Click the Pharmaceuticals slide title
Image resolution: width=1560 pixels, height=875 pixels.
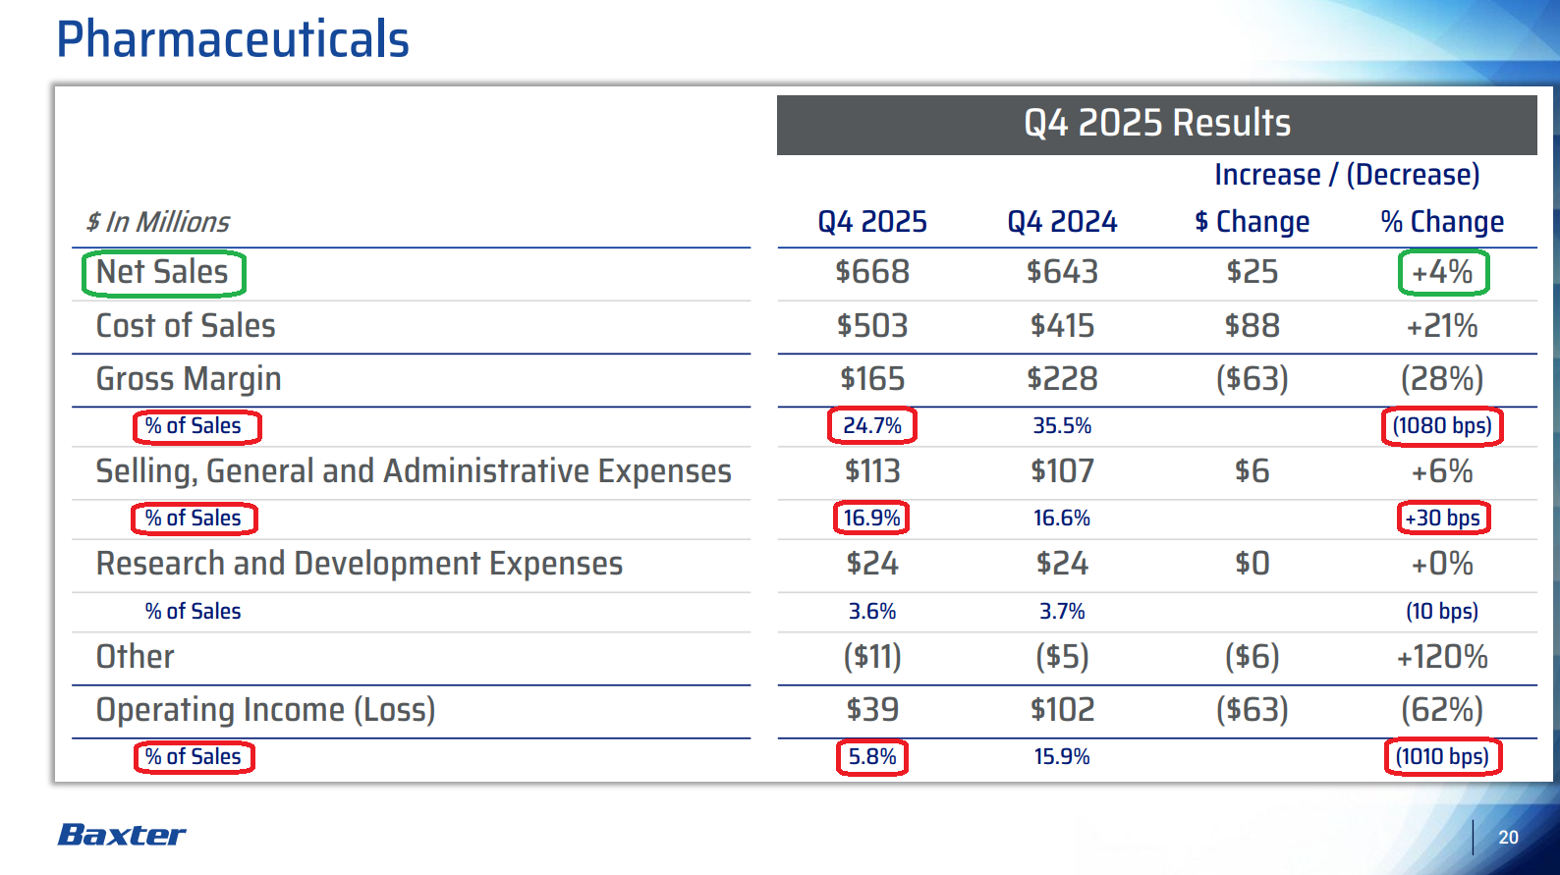point(233,40)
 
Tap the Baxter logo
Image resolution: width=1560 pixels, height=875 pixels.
point(122,835)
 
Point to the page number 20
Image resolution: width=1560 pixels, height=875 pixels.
point(1508,837)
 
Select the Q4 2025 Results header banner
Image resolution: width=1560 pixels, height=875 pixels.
point(1156,124)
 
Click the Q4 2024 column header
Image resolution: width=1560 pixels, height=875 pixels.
point(1062,222)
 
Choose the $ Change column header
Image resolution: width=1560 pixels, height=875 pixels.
point(1252,222)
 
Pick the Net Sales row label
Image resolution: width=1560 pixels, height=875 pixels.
point(163,272)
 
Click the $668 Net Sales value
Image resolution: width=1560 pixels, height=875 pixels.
point(872,272)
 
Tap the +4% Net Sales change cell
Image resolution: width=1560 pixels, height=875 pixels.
point(1442,272)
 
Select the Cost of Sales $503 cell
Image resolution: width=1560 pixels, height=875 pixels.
point(872,326)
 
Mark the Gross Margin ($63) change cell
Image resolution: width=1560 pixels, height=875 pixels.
point(1252,379)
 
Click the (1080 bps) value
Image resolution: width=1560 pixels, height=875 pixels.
point(1442,426)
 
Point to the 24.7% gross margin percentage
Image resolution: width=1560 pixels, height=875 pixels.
point(872,426)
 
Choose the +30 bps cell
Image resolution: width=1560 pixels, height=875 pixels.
point(1442,518)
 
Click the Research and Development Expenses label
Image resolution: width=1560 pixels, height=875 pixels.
point(360,564)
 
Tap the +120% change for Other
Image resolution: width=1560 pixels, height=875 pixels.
point(1442,657)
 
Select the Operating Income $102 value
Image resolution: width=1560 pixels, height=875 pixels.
point(1062,710)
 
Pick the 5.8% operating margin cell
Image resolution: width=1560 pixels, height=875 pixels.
point(872,757)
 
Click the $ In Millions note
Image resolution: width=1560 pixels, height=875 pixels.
point(158,222)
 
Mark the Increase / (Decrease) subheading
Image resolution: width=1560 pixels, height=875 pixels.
point(1347,175)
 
